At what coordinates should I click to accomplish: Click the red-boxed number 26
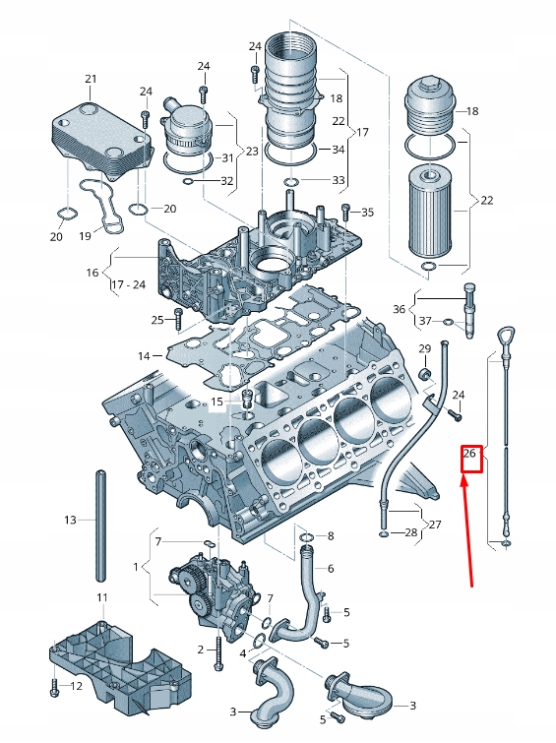coord(470,454)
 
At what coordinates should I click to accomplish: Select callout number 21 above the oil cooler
coord(91,79)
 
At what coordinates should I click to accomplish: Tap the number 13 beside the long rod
coord(70,520)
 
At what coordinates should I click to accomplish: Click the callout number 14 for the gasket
coord(144,355)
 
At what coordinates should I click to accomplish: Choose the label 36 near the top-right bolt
coord(399,309)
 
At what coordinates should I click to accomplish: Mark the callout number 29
coord(425,350)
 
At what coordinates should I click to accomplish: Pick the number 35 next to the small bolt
coord(368,213)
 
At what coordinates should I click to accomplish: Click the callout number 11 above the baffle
coord(101,598)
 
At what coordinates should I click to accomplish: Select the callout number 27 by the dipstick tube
coord(435,524)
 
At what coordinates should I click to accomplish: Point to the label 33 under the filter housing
coord(339,181)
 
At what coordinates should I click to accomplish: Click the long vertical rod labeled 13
coord(99,526)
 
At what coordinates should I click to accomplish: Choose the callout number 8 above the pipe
coord(330,536)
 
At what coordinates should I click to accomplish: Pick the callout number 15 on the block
coord(217,402)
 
